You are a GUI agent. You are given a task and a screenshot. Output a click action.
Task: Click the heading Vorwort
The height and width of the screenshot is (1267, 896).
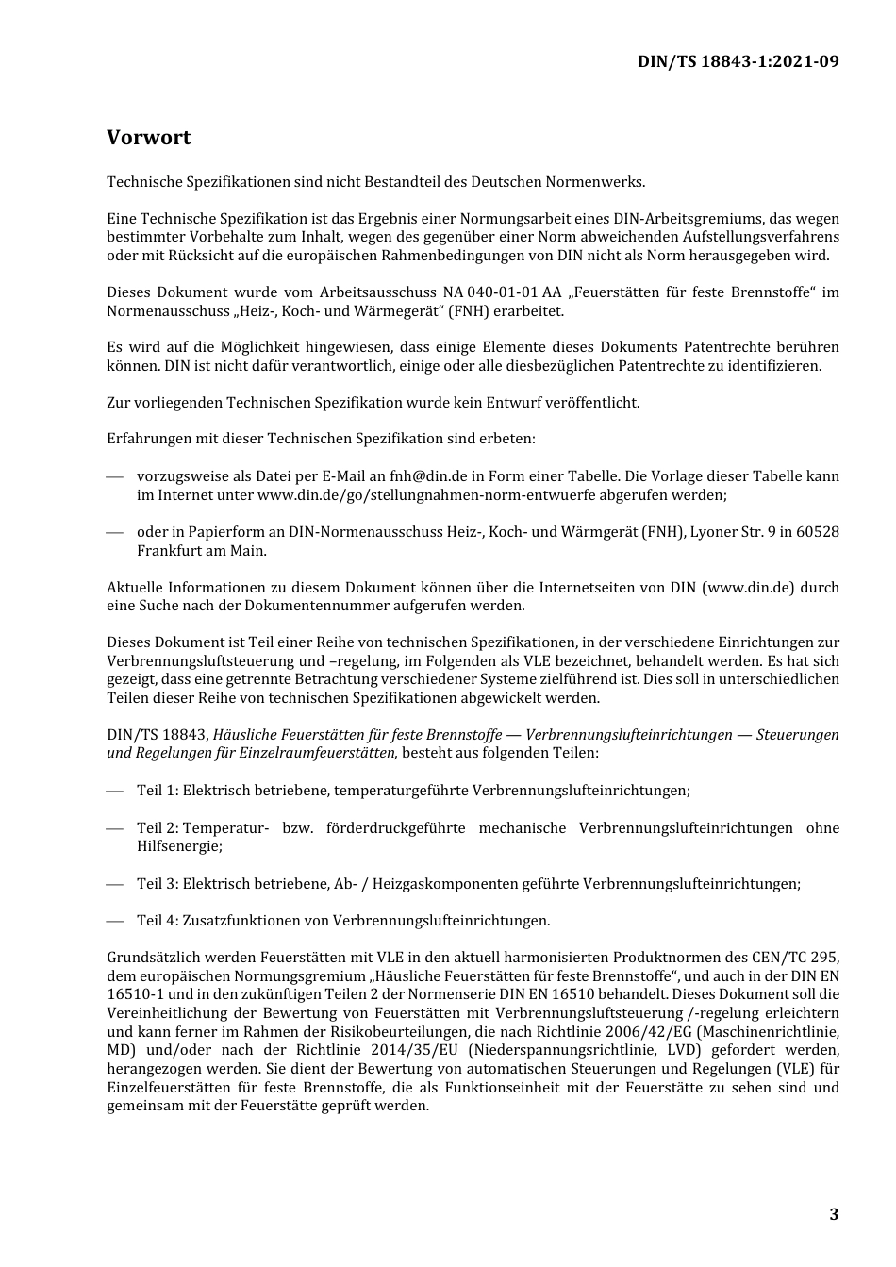(148, 138)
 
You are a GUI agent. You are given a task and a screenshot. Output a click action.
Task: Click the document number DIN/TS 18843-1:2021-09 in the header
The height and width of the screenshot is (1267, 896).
(738, 61)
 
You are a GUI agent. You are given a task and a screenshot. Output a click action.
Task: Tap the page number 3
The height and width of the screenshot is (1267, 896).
(833, 1214)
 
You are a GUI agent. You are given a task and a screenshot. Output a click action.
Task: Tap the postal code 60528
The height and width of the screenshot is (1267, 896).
(817, 532)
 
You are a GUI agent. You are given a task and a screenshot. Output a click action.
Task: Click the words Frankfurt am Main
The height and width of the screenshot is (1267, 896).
(202, 550)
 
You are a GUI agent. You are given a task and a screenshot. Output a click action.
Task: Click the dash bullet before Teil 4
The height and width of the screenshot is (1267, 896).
(115, 921)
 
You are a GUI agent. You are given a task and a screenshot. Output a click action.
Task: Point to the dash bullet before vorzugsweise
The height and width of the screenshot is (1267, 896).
(115, 476)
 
